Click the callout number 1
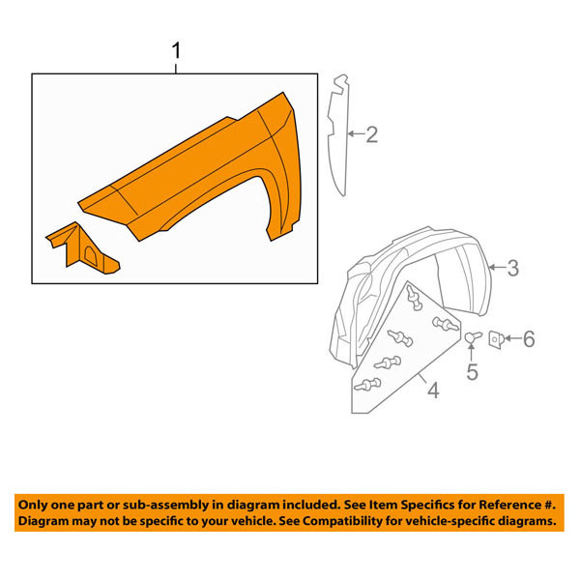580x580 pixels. click(177, 50)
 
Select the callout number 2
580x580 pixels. click(372, 134)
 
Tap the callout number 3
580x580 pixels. click(512, 268)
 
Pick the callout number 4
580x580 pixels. click(433, 391)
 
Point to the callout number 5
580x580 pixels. click(472, 371)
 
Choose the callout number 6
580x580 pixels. click(529, 339)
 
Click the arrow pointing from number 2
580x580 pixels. click(356, 133)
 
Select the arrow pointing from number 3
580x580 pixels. click(497, 267)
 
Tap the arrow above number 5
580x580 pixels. click(472, 352)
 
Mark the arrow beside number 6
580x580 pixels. click(512, 338)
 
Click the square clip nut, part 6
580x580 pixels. click(495, 339)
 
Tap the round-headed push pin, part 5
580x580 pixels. click(473, 337)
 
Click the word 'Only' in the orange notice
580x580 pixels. click(32, 505)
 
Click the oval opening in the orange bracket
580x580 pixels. click(91, 254)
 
